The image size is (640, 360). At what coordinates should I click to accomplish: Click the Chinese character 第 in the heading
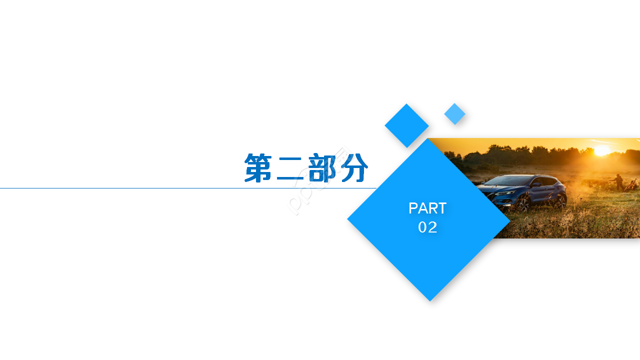click(x=258, y=167)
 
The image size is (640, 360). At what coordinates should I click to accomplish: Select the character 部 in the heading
click(x=322, y=167)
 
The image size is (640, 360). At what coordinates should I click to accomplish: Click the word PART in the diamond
click(x=427, y=208)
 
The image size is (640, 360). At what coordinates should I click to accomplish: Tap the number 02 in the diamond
click(x=427, y=227)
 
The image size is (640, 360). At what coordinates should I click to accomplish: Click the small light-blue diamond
click(x=454, y=114)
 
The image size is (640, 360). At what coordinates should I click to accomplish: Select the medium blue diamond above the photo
click(x=406, y=125)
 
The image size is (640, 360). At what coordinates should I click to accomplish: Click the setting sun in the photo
click(x=601, y=150)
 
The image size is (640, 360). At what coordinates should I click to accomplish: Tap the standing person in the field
click(x=619, y=181)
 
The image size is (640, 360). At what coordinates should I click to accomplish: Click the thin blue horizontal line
click(x=150, y=188)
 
